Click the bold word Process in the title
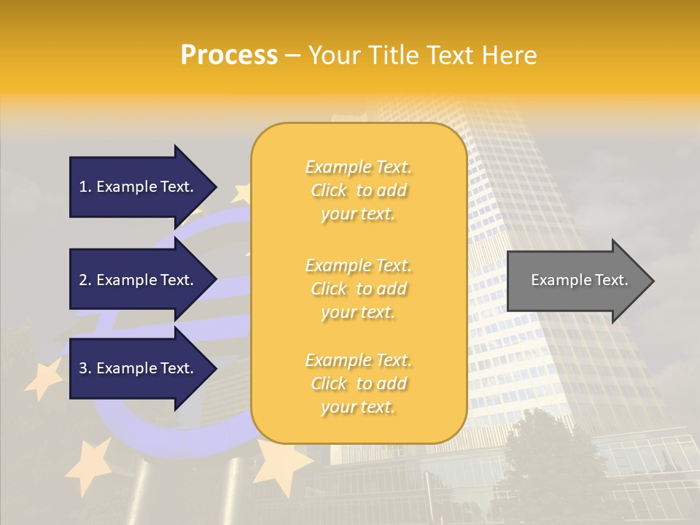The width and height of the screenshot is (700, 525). [229, 55]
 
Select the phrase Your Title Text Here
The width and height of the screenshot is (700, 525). [422, 55]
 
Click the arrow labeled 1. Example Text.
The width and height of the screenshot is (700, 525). [139, 187]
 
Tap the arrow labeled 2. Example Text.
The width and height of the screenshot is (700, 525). [139, 280]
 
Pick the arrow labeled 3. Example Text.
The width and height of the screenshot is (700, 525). [139, 368]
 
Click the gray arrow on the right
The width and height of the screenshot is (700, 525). [576, 280]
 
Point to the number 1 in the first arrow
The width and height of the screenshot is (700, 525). [83, 187]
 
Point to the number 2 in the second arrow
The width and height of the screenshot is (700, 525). [83, 280]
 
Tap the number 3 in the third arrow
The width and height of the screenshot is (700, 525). [83, 368]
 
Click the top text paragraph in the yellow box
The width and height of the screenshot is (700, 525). [358, 190]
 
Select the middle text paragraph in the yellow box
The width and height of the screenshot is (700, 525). [358, 289]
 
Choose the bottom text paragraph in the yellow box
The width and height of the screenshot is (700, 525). [358, 384]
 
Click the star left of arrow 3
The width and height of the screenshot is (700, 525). [44, 378]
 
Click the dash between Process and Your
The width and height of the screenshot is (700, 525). [293, 55]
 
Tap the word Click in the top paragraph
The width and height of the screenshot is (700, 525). [329, 190]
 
